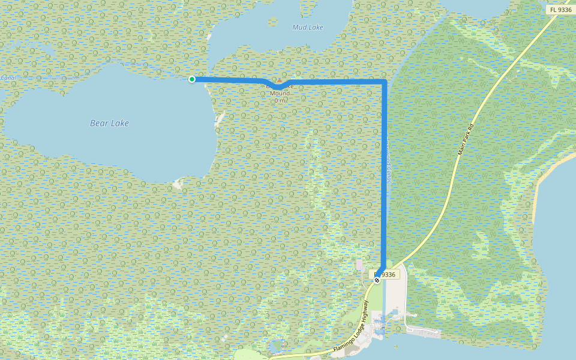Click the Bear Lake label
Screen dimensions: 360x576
point(109,123)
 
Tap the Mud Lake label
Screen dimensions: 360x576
point(307,27)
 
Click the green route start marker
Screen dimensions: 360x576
point(192,79)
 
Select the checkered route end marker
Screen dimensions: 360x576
point(377,280)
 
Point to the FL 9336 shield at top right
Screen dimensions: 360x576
point(560,10)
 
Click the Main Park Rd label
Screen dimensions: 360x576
point(466,139)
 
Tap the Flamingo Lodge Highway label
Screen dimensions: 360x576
point(350,327)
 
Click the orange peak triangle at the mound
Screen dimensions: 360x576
point(279,80)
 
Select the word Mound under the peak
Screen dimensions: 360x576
point(280,93)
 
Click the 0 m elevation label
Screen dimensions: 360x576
point(280,100)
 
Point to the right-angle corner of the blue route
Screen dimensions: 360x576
point(384,80)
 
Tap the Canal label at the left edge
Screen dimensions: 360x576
point(7,78)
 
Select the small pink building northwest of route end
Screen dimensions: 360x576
point(359,265)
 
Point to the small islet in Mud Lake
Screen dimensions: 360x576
point(274,22)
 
